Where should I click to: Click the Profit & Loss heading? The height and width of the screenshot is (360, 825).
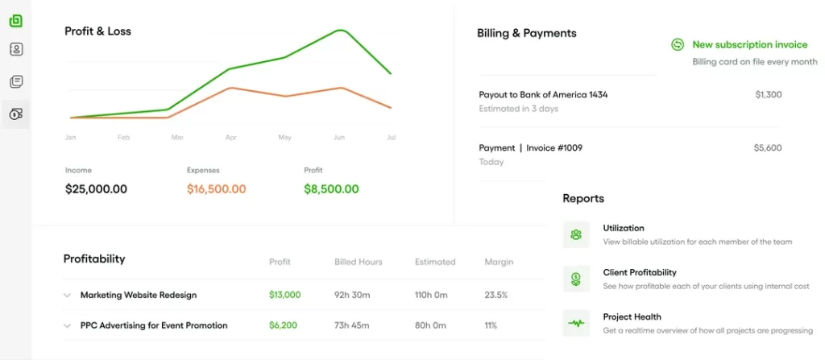click(x=97, y=31)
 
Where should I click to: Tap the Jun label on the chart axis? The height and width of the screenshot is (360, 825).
click(x=339, y=138)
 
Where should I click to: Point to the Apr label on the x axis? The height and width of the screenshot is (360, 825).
click(x=231, y=138)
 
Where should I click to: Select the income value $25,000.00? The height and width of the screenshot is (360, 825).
click(x=96, y=189)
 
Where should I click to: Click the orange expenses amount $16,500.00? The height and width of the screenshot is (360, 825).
click(x=216, y=189)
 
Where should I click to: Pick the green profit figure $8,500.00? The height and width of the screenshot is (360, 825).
click(x=331, y=189)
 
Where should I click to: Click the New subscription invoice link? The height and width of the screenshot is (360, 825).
click(x=749, y=45)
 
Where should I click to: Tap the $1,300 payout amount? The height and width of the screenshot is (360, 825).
click(x=768, y=95)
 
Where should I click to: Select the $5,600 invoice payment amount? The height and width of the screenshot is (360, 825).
click(x=768, y=148)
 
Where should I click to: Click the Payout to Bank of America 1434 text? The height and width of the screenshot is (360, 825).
click(x=543, y=95)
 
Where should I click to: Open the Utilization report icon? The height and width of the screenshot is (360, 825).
click(x=576, y=234)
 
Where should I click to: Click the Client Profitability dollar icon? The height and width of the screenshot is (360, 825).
click(x=576, y=279)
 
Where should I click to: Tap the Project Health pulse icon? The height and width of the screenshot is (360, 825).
click(x=576, y=324)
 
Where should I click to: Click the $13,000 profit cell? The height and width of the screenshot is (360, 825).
click(x=284, y=295)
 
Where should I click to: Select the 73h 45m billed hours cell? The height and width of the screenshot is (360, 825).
click(x=351, y=325)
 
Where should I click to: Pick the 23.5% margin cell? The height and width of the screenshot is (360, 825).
click(x=495, y=295)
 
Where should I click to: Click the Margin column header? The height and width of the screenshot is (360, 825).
click(x=499, y=262)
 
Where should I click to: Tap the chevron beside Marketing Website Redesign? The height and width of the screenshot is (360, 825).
click(x=68, y=296)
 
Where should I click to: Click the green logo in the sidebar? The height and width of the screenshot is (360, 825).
click(x=15, y=21)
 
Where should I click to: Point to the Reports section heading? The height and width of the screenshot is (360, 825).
click(x=583, y=198)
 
